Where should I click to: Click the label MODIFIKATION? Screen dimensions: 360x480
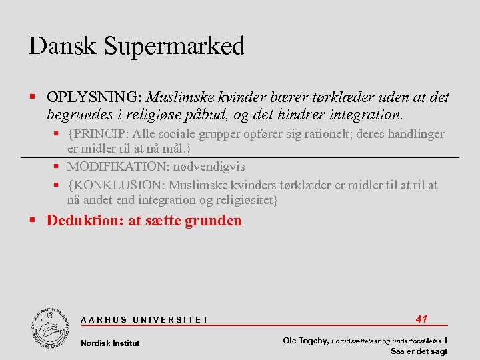click(x=117, y=167)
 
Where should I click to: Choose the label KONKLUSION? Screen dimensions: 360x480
click(x=117, y=185)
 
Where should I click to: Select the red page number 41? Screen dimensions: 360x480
click(x=421, y=319)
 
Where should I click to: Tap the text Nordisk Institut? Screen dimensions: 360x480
click(x=110, y=343)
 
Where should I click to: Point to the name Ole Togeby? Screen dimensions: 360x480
click(x=305, y=341)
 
